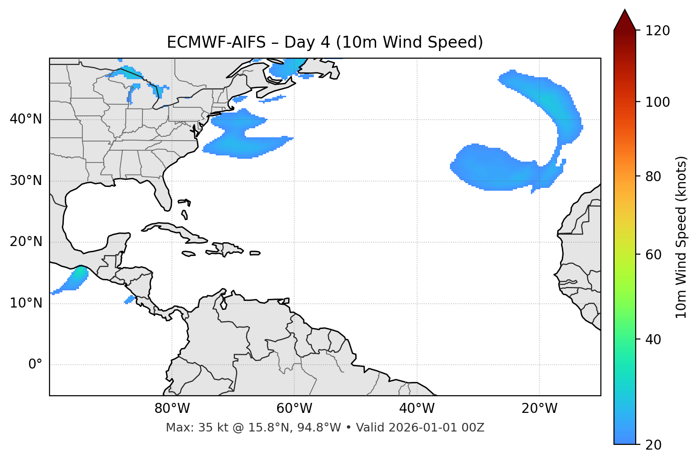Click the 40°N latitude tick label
point(26,119)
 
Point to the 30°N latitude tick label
point(26,181)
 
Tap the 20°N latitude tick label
point(26,242)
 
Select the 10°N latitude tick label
point(26,303)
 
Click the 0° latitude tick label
point(35,365)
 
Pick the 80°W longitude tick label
point(172,409)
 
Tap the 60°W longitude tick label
point(294,409)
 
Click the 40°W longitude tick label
point(417,409)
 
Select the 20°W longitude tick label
point(539,409)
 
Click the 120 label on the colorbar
point(658,31)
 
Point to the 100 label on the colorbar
point(658,102)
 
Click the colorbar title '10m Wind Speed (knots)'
point(681,237)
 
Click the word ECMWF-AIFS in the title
point(216,42)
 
